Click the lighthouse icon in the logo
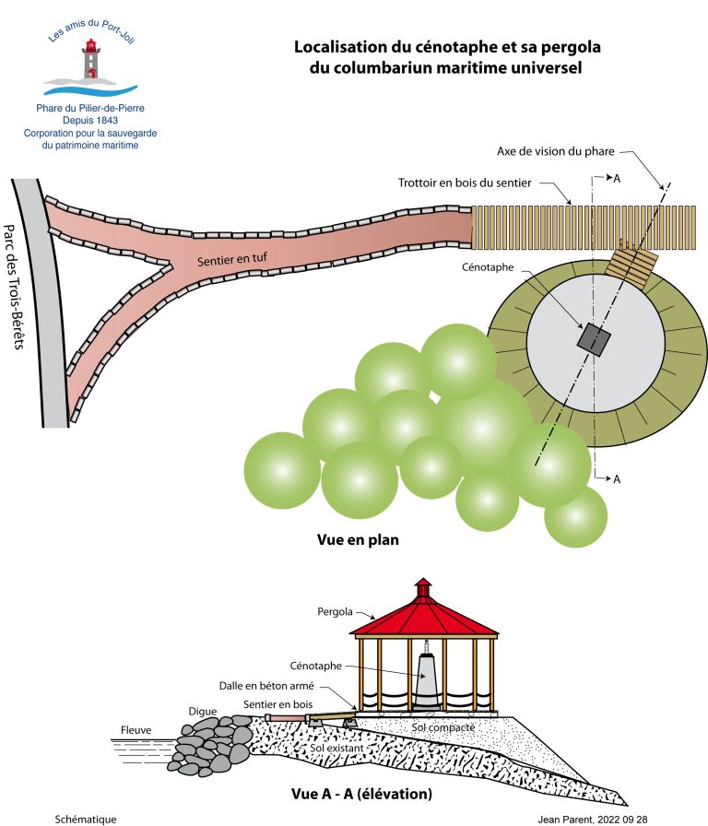click(x=91, y=59)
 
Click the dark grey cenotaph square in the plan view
click(x=595, y=339)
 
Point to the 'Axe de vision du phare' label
click(x=563, y=150)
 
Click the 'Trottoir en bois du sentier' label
click(x=465, y=183)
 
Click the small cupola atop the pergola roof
click(x=423, y=587)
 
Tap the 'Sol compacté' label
click(x=443, y=728)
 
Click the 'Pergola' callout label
click(x=335, y=610)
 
